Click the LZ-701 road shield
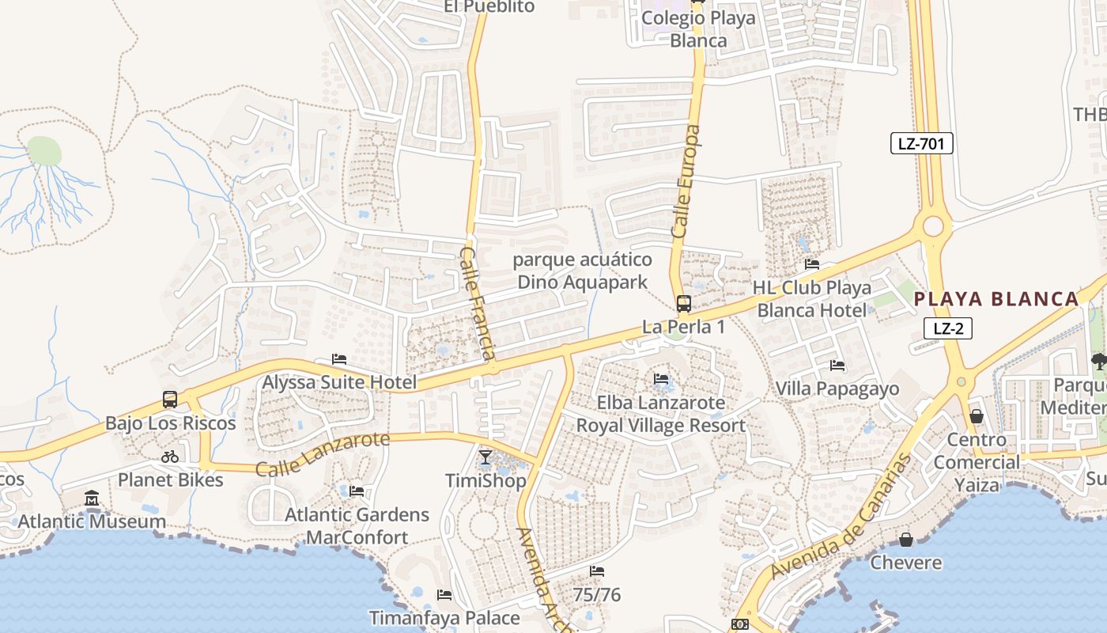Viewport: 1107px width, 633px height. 922,143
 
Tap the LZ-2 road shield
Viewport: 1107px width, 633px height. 947,328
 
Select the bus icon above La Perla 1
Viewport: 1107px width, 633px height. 683,303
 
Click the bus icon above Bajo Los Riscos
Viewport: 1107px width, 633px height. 170,400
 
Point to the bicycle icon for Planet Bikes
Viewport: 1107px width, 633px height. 170,457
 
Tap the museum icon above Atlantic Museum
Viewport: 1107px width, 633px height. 92,498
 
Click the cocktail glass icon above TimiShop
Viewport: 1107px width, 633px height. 485,457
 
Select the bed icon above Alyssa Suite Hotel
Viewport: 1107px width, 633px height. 339,359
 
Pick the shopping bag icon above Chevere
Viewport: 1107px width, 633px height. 906,540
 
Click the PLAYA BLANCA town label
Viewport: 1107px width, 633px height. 996,299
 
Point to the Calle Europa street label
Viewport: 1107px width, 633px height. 686,181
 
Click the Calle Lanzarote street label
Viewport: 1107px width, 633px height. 323,453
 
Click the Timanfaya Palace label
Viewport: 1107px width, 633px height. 444,617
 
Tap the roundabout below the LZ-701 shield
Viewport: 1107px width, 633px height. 933,227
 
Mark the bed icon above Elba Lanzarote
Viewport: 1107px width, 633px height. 661,379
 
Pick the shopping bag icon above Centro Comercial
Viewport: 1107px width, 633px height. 977,416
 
